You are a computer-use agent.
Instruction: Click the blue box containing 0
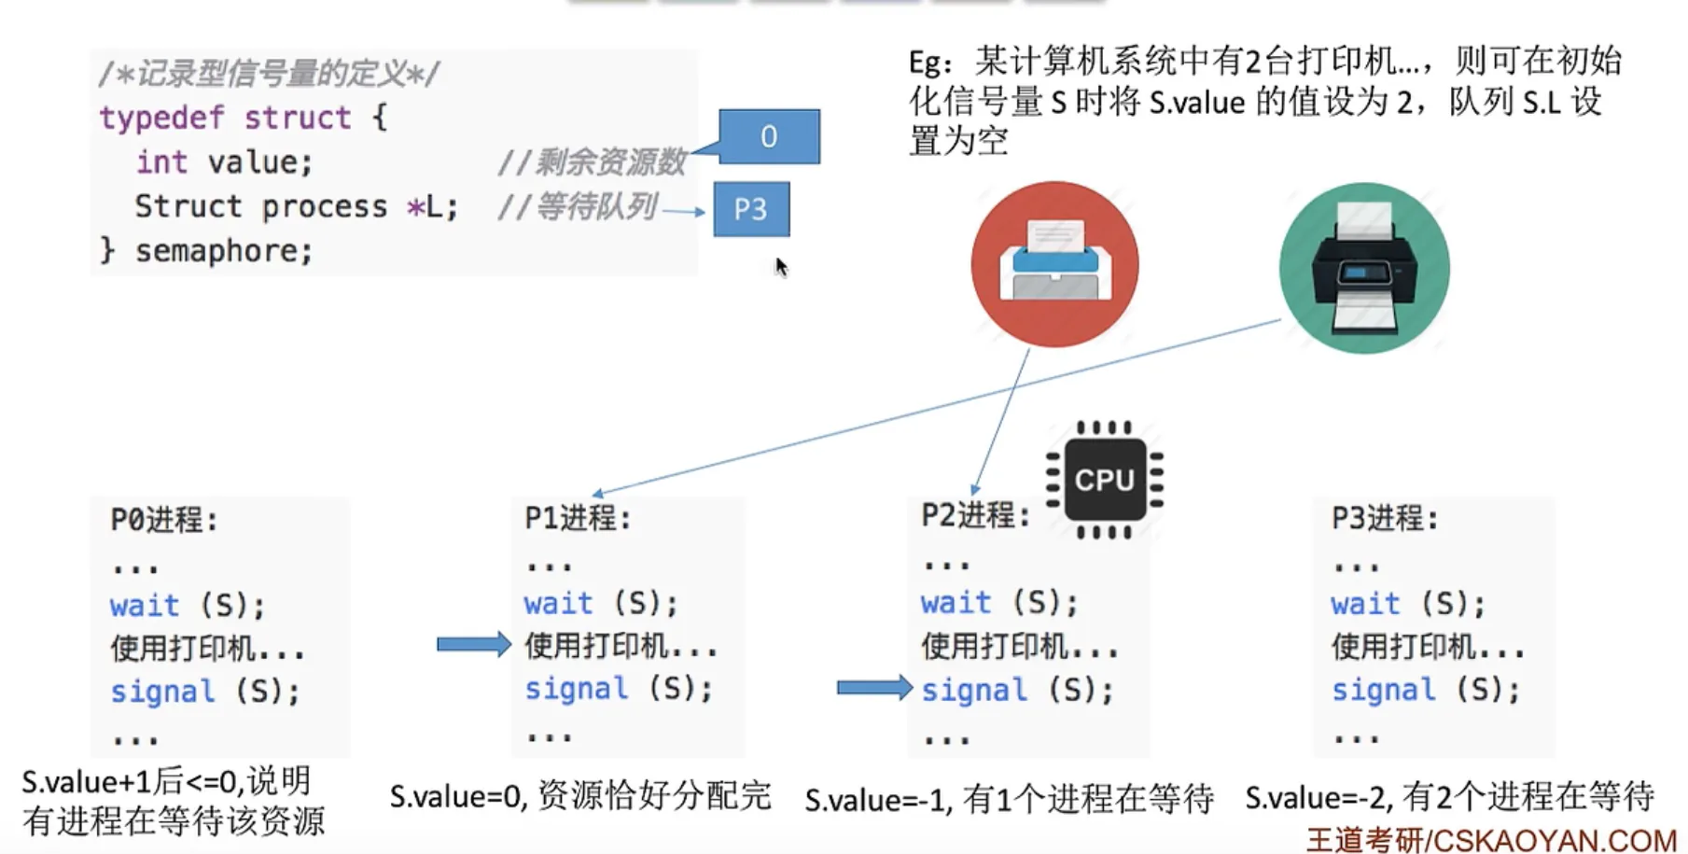click(x=769, y=136)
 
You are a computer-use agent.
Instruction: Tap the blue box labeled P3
click(x=751, y=209)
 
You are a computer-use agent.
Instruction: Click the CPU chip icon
click(x=1105, y=480)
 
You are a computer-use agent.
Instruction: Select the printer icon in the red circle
click(x=1054, y=264)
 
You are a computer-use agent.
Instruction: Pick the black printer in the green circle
click(x=1364, y=268)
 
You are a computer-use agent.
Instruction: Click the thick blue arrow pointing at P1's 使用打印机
click(x=474, y=644)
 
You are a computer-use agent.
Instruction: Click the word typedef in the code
click(x=160, y=118)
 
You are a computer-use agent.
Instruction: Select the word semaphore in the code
click(x=224, y=250)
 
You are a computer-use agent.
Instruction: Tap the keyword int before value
click(x=161, y=161)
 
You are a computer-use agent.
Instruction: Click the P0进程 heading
click(x=164, y=520)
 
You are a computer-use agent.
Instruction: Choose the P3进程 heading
click(x=1385, y=518)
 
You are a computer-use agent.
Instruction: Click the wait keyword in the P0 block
click(x=144, y=606)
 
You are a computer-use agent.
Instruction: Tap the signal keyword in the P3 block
click(x=1383, y=690)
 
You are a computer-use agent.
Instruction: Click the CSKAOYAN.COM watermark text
click(x=1555, y=840)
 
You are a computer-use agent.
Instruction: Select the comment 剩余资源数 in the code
click(x=610, y=162)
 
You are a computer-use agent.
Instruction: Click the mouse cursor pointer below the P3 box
click(x=781, y=267)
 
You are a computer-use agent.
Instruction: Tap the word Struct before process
click(x=188, y=206)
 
